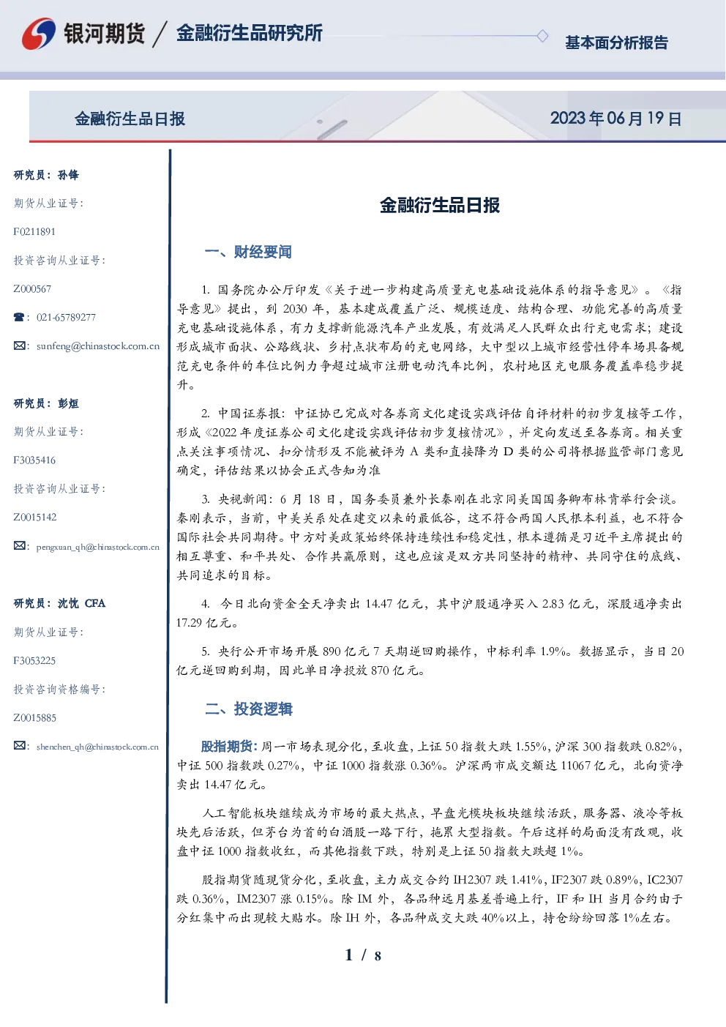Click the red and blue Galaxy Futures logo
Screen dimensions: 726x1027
[39, 34]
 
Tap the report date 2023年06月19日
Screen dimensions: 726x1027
[615, 119]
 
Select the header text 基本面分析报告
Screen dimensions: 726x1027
[616, 42]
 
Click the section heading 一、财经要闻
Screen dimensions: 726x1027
[248, 252]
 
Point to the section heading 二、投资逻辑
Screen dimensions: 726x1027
[248, 709]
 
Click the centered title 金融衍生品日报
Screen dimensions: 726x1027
[440, 205]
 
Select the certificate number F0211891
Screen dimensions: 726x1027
[34, 231]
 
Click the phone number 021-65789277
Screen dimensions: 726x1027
[66, 317]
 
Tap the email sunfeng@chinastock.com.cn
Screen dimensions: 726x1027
[98, 346]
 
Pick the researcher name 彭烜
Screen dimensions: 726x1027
[68, 403]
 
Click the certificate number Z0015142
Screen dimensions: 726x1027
[35, 518]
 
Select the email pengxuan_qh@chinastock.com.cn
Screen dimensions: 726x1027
[98, 547]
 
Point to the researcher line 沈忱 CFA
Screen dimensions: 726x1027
[81, 603]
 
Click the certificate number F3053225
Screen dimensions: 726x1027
[34, 661]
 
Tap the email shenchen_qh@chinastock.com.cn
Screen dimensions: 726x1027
[97, 747]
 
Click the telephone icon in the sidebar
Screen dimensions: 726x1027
[19, 317]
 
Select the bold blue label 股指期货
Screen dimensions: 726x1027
[229, 747]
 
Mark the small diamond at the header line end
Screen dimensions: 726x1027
[542, 36]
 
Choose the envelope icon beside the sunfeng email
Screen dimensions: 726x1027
[19, 346]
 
